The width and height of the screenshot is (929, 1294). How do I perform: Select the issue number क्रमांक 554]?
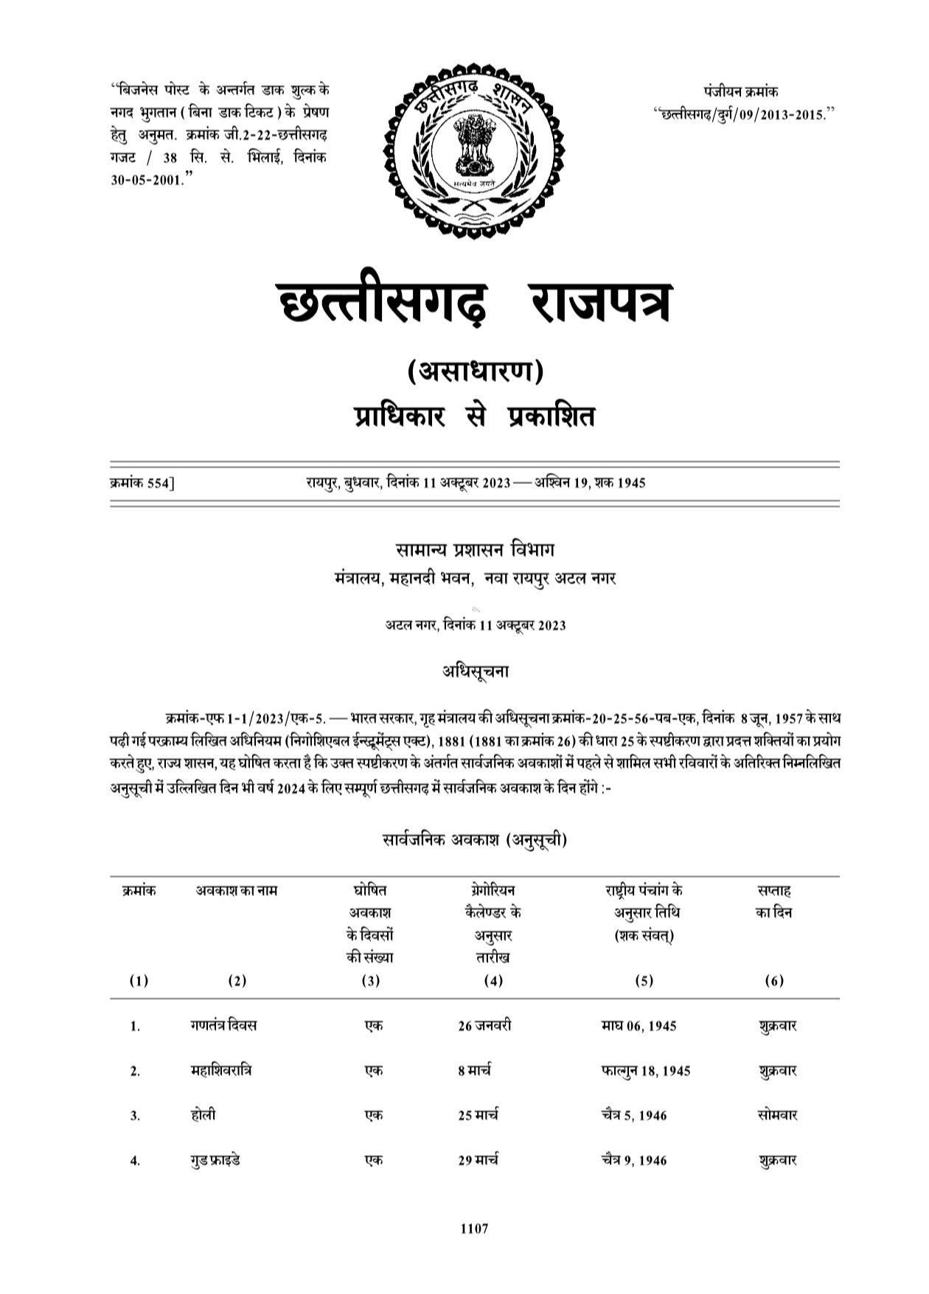point(142,483)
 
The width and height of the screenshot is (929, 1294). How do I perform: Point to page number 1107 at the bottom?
point(474,1228)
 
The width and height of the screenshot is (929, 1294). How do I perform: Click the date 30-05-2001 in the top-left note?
point(147,180)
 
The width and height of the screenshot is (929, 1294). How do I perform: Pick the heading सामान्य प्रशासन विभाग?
point(474,550)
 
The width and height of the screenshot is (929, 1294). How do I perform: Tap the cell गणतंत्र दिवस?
point(223,1026)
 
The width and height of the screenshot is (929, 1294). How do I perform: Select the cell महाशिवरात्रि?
point(220,1071)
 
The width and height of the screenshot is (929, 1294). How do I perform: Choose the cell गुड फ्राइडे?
point(215,1161)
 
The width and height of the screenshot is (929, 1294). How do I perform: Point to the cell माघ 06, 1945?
point(639,1026)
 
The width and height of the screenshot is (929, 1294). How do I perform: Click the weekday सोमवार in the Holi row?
point(777,1116)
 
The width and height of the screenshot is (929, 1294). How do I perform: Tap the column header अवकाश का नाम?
point(236,890)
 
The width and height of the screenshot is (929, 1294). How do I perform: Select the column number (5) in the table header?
point(644,981)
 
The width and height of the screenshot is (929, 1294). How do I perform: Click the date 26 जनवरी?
point(484,1026)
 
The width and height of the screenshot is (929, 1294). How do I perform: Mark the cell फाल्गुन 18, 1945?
point(646,1071)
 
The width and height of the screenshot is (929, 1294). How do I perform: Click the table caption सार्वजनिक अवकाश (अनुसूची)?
point(474,839)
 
